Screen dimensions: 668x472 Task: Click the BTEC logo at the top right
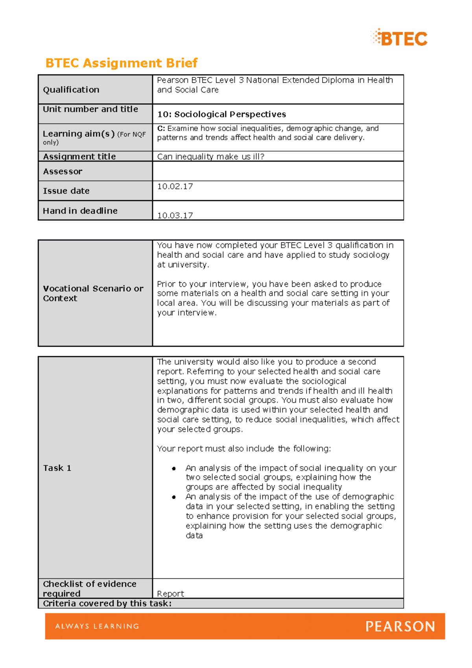pyautogui.click(x=399, y=38)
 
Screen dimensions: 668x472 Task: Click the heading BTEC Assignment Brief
pyautogui.click(x=121, y=63)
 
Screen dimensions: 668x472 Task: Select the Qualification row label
pyautogui.click(x=71, y=90)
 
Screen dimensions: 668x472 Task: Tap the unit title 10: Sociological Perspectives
pyautogui.click(x=221, y=114)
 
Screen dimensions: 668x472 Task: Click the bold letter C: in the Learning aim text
pyautogui.click(x=161, y=128)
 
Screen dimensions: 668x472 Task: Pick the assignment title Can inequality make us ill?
pyautogui.click(x=210, y=157)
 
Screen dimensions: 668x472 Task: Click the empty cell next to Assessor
pyautogui.click(x=278, y=172)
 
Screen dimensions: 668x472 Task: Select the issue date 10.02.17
pyautogui.click(x=175, y=186)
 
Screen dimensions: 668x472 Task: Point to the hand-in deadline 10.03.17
pyautogui.click(x=175, y=215)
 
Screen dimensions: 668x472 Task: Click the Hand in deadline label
pyautogui.click(x=80, y=211)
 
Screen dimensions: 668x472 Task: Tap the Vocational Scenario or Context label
pyautogui.click(x=93, y=293)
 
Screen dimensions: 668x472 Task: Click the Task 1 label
pyautogui.click(x=57, y=468)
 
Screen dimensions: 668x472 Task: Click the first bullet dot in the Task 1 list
pyautogui.click(x=173, y=468)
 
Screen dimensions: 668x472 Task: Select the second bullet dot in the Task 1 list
pyautogui.click(x=173, y=497)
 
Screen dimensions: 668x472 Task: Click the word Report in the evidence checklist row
pyautogui.click(x=170, y=593)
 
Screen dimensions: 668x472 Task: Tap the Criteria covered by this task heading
pyautogui.click(x=107, y=603)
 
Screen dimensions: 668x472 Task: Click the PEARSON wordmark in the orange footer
pyautogui.click(x=400, y=626)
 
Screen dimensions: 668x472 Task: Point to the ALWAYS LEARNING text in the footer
pyautogui.click(x=97, y=626)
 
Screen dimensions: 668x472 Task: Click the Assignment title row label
pyautogui.click(x=79, y=157)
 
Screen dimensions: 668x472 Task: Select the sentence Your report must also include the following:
pyautogui.click(x=244, y=448)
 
